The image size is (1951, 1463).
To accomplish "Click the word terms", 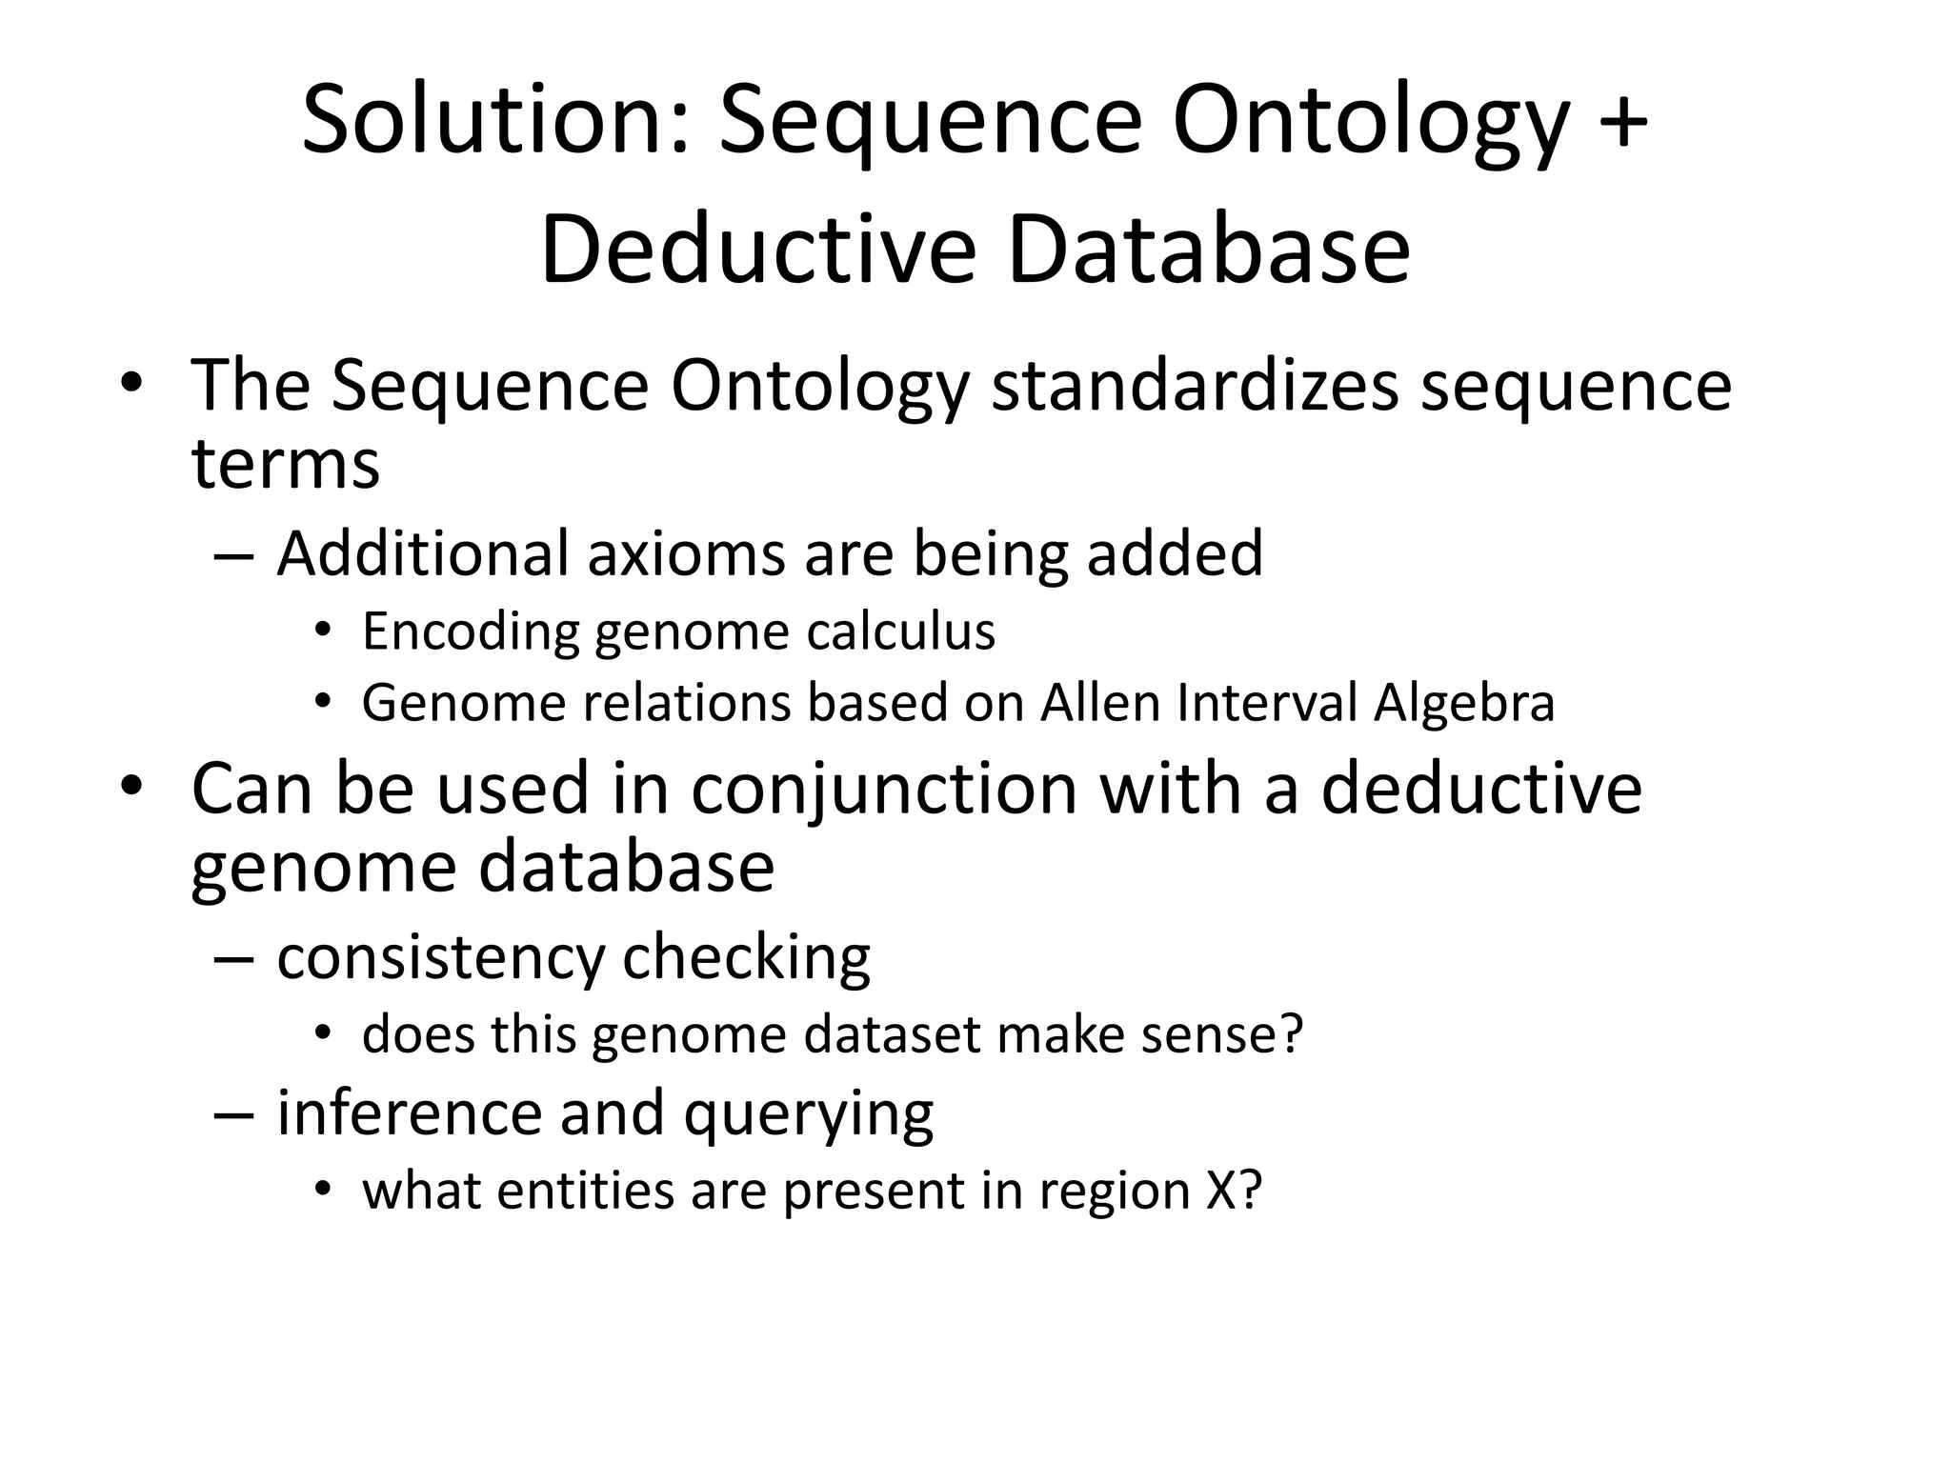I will (286, 464).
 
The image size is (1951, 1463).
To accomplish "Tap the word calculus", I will (900, 631).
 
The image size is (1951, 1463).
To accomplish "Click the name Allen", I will (1101, 704).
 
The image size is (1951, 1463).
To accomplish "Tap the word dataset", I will (892, 1034).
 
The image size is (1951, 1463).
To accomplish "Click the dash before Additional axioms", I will (234, 555).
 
